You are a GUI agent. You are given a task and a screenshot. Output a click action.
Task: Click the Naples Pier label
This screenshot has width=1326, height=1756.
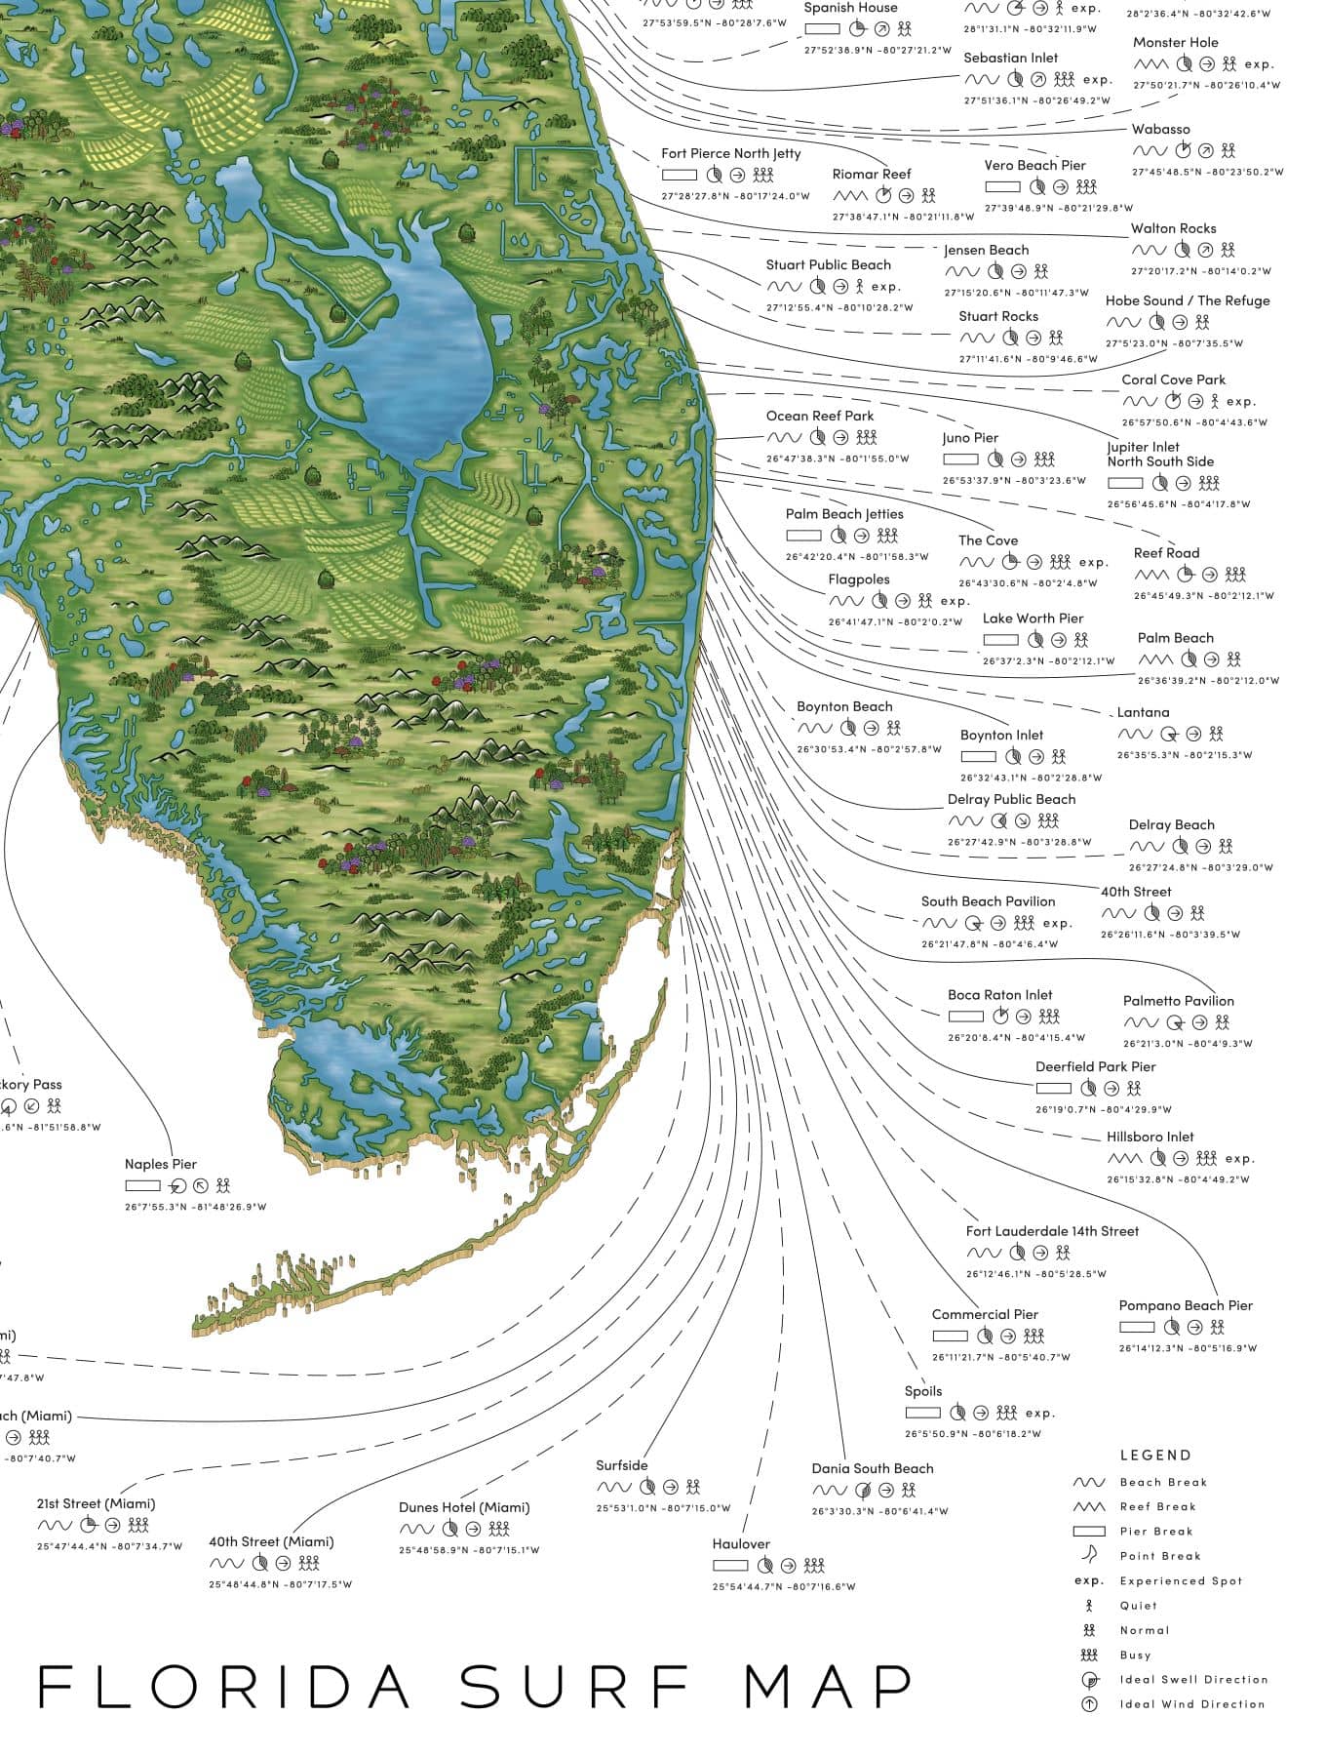[161, 1164]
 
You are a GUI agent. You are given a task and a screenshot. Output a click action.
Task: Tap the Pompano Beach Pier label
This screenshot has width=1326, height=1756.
[1186, 1305]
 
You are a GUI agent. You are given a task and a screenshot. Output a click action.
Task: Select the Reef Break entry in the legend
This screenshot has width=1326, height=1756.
[1157, 1506]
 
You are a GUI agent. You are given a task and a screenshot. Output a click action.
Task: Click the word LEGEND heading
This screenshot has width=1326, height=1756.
[1155, 1455]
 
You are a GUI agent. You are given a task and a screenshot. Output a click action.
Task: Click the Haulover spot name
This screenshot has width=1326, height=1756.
[741, 1543]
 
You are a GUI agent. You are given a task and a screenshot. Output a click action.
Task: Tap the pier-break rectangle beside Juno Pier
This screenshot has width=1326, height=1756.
[960, 459]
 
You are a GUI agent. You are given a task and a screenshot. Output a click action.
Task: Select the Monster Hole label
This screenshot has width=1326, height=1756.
[1175, 42]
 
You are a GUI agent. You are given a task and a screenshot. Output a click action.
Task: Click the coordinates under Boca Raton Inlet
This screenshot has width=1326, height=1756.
[1016, 1038]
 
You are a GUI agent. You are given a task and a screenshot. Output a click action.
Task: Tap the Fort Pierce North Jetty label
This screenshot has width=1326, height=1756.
[731, 153]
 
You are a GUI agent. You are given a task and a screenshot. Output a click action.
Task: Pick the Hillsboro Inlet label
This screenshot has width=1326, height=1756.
[1150, 1137]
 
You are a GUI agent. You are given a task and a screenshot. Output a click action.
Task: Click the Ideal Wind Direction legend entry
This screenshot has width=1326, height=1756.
[1191, 1704]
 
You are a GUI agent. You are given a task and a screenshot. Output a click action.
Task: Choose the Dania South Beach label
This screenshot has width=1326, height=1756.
[873, 1468]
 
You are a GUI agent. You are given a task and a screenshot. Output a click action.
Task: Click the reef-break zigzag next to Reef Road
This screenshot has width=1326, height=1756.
[1150, 575]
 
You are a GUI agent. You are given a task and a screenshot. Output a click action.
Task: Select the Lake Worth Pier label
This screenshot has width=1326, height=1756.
[1033, 618]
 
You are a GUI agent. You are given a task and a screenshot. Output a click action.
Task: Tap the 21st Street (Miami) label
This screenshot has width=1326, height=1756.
[96, 1503]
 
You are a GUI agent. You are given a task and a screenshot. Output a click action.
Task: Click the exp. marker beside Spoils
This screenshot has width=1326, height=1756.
[1039, 1413]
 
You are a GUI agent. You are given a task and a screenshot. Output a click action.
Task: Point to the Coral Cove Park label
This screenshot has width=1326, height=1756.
[1173, 379]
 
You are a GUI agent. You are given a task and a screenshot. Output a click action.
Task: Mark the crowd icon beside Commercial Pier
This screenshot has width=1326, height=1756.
[1034, 1336]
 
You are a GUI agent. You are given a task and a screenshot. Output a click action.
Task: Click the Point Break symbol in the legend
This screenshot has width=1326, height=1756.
[1088, 1555]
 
